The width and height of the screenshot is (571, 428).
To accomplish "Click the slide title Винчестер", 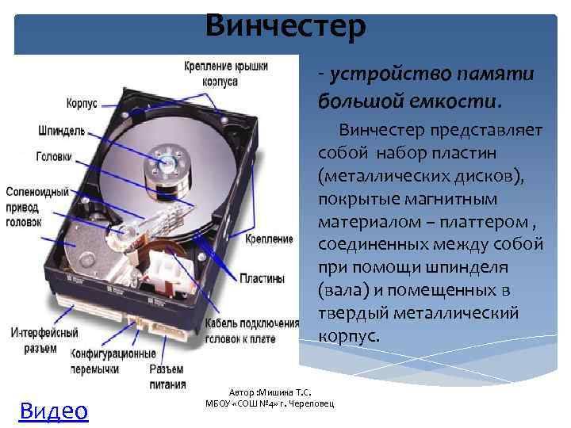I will point(285,25).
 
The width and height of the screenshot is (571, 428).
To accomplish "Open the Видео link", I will point(53,410).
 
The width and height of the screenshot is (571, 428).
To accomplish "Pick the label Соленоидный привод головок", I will point(35,207).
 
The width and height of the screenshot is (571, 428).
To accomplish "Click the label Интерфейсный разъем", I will point(44,340).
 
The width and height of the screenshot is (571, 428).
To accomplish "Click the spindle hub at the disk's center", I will point(167,159).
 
